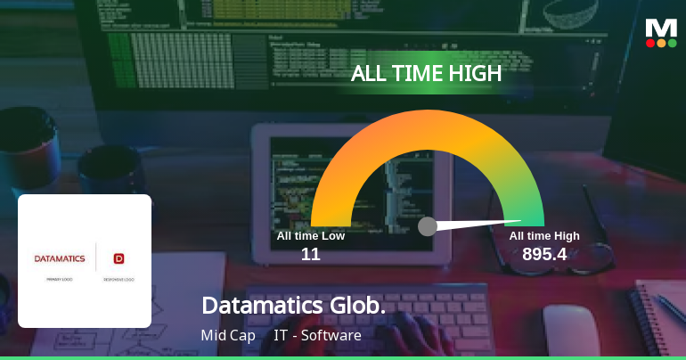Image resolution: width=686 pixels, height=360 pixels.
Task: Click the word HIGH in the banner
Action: (472, 74)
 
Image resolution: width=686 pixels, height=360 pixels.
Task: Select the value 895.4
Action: (544, 255)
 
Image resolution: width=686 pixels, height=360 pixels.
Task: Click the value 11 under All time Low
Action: (310, 255)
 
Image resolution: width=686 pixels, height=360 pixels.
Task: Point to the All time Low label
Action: (310, 236)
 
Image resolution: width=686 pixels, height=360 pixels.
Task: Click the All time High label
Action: (544, 236)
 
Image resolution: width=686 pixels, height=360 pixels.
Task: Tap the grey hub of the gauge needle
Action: (428, 226)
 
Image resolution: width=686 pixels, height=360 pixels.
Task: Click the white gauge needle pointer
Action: (481, 224)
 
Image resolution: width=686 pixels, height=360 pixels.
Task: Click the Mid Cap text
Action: (228, 336)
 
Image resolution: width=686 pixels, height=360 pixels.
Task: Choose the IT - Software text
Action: (317, 336)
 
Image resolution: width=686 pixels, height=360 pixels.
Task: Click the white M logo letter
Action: (661, 28)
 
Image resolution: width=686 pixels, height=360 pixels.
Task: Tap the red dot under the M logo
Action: (650, 43)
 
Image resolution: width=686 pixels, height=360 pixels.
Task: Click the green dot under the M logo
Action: (673, 43)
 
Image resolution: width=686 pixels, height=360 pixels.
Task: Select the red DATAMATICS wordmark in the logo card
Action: (60, 259)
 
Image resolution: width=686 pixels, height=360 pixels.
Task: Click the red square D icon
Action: (118, 259)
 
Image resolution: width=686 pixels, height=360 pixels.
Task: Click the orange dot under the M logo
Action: (661, 43)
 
